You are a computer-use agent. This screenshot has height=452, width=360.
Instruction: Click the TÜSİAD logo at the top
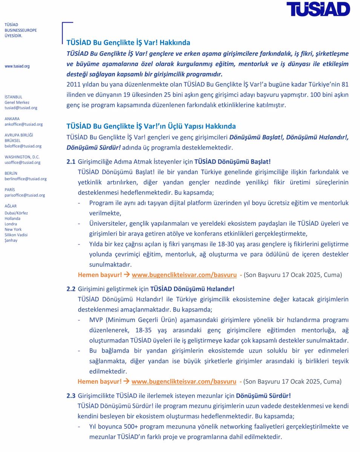click(x=318, y=9)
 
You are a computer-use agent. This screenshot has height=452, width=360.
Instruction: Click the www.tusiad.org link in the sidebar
click(x=17, y=66)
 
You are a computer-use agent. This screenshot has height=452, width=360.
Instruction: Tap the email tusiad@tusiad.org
click(x=21, y=108)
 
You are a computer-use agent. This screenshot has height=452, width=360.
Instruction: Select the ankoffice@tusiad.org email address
click(x=23, y=124)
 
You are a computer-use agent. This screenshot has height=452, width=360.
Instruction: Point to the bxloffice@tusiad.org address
click(x=23, y=146)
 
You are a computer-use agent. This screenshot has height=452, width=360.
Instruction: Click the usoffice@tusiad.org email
click(x=22, y=162)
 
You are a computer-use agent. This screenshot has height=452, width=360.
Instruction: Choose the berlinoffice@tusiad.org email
click(x=26, y=179)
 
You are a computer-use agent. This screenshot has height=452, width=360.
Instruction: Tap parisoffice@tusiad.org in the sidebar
click(x=25, y=195)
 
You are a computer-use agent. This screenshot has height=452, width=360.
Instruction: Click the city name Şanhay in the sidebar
click(x=11, y=240)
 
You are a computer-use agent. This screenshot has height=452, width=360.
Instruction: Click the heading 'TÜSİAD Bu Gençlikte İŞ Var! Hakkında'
click(x=128, y=43)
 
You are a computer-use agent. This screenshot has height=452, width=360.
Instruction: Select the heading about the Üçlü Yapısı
click(x=151, y=126)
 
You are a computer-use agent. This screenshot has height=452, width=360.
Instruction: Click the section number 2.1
click(x=71, y=162)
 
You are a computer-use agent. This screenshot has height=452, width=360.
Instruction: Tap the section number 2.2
click(x=71, y=289)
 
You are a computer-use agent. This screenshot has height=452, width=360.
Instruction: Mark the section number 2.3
click(x=71, y=396)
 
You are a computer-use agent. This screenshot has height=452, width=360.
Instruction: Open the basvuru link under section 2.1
click(x=184, y=275)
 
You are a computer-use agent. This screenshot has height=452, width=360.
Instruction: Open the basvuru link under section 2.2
click(x=184, y=381)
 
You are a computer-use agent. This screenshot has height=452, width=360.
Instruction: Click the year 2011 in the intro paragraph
click(x=73, y=84)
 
